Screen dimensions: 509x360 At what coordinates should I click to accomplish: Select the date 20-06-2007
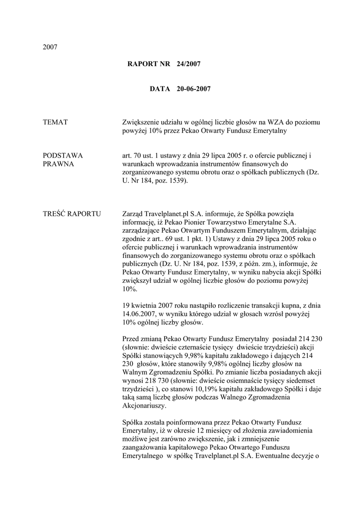pyautogui.click(x=193, y=89)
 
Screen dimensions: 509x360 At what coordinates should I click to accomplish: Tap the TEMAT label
pyautogui.click(x=55, y=122)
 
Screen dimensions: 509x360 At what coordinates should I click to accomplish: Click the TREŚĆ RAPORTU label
pyautogui.click(x=72, y=214)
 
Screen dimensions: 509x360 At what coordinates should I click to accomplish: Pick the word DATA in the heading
pyautogui.click(x=160, y=89)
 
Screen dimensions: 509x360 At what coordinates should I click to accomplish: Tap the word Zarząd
pyautogui.click(x=134, y=214)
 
